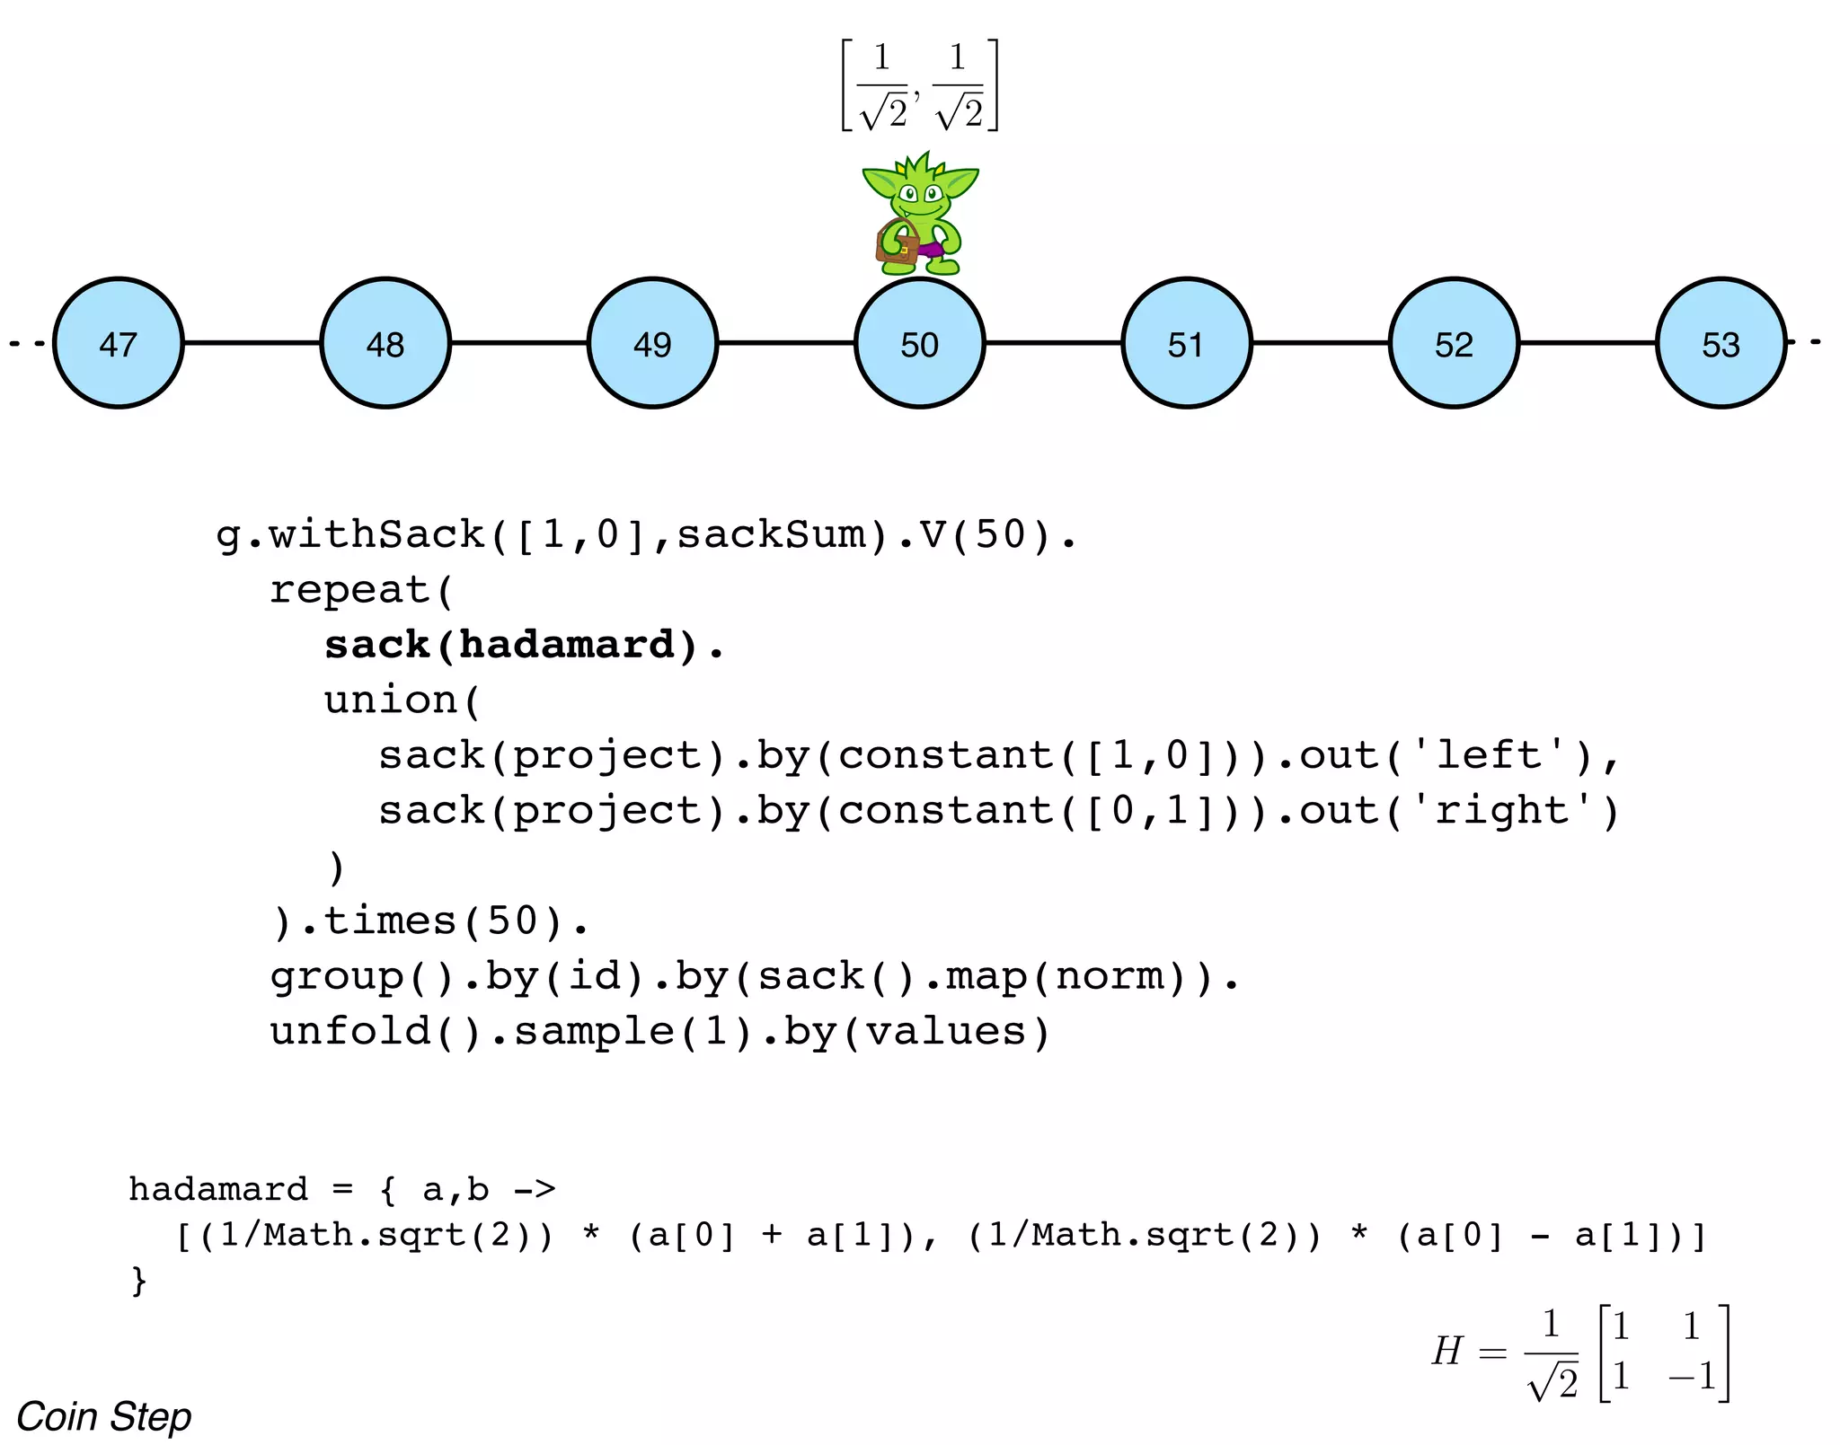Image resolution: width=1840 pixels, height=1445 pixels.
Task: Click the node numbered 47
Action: pyautogui.click(x=118, y=343)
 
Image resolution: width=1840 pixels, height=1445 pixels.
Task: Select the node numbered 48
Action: pyautogui.click(x=385, y=343)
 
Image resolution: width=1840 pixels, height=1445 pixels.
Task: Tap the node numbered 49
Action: pyautogui.click(x=652, y=343)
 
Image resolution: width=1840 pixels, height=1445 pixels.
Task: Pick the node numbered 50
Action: pyautogui.click(x=919, y=343)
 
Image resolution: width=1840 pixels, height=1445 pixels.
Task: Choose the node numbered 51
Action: pyautogui.click(x=1186, y=343)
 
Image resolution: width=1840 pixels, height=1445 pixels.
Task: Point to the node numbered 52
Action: pyautogui.click(x=1454, y=343)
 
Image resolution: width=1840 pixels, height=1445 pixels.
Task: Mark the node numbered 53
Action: pyautogui.click(x=1721, y=343)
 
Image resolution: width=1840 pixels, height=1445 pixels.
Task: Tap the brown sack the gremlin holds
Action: pyautogui.click(x=897, y=244)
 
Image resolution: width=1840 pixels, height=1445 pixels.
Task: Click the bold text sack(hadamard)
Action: pyautogui.click(x=524, y=645)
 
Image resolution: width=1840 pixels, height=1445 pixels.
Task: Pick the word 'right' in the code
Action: pyautogui.click(x=1501, y=811)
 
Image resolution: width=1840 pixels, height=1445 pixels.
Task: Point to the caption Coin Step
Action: pyautogui.click(x=104, y=1416)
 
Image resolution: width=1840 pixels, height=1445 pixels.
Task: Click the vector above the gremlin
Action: pyautogui.click(x=920, y=85)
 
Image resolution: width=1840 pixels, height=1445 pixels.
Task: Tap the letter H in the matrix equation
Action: pyautogui.click(x=1447, y=1351)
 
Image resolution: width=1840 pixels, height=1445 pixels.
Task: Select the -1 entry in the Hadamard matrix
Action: pyautogui.click(x=1693, y=1377)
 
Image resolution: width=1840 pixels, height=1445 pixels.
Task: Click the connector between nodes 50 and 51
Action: pyautogui.click(x=1053, y=342)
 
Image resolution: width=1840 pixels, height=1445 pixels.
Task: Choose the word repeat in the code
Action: pyautogui.click(x=350, y=590)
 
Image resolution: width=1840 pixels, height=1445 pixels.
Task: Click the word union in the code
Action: pyautogui.click(x=392, y=700)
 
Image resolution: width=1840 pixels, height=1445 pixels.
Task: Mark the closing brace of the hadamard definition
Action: pyautogui.click(x=139, y=1280)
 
